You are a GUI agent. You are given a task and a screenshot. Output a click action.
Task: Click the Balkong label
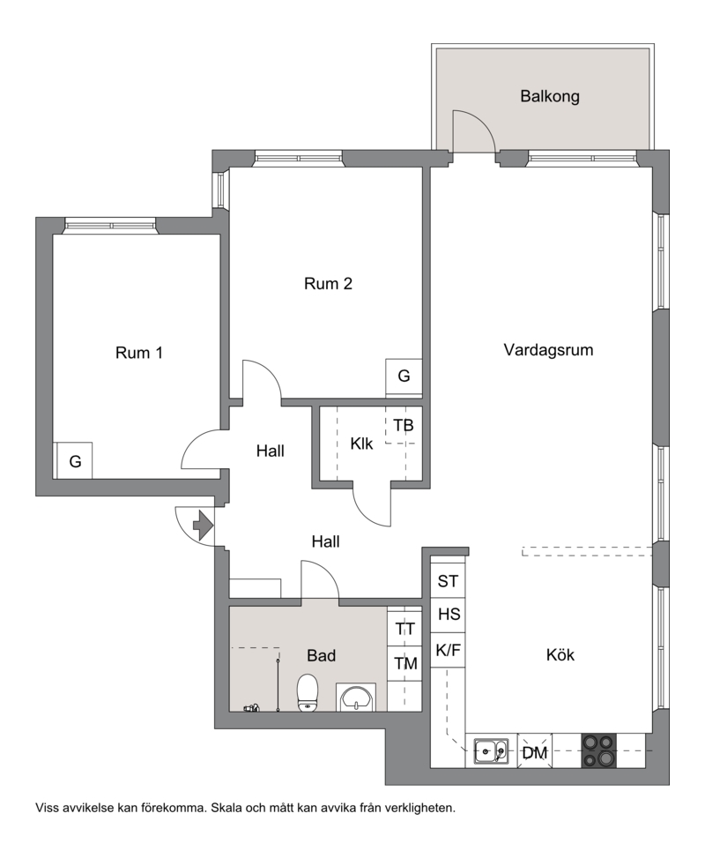pos(549,96)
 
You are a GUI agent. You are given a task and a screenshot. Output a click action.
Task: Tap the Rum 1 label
pos(139,353)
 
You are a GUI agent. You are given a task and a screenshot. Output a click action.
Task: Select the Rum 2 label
pos(328,283)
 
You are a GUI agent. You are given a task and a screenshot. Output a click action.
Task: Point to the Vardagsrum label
pos(548,350)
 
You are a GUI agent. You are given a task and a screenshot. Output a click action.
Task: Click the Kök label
pos(560,654)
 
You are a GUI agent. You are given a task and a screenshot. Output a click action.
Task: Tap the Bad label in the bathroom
pos(321,655)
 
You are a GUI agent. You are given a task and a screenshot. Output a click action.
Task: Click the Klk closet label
pos(361,444)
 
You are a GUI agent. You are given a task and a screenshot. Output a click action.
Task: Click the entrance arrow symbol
pos(203,526)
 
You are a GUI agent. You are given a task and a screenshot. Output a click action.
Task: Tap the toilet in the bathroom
pos(308,693)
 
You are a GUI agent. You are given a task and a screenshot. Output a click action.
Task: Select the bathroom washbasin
pos(356,698)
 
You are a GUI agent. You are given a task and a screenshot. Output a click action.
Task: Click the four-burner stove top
pos(598,750)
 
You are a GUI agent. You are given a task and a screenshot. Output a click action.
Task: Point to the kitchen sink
pos(491,750)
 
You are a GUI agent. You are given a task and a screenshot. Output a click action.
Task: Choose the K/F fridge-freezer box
pos(448,650)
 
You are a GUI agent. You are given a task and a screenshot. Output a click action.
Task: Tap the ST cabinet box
pos(448,581)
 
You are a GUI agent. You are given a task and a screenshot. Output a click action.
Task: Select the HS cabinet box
pos(448,616)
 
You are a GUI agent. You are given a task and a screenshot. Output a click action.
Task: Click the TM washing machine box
pos(404,663)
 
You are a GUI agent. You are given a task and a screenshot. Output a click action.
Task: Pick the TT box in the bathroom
pos(404,629)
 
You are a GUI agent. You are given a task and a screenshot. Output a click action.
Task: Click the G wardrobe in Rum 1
pos(75,460)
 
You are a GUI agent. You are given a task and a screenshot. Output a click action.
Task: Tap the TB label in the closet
pos(404,425)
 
